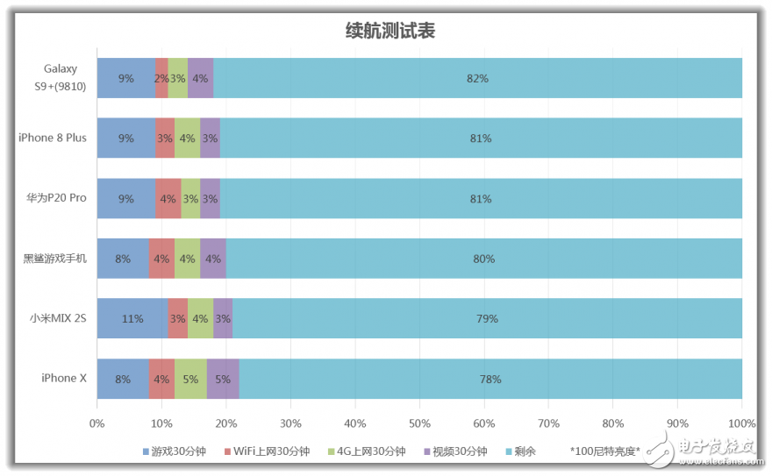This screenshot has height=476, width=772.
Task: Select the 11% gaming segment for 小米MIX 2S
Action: (132, 318)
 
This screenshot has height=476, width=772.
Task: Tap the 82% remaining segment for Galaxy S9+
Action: (477, 78)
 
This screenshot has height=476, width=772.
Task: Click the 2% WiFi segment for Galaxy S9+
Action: (161, 78)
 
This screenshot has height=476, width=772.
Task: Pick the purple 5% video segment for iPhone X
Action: (223, 379)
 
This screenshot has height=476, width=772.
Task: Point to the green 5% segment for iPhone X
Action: (191, 379)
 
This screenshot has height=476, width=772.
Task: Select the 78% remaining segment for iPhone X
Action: (490, 379)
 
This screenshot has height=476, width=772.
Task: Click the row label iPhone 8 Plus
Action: (53, 138)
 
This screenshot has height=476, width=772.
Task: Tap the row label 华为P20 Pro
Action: (56, 198)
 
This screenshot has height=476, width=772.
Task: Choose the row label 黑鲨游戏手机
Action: (55, 259)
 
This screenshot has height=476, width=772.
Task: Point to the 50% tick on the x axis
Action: (419, 423)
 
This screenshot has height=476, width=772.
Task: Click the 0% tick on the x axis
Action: (97, 423)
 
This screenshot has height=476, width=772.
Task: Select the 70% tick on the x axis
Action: (548, 423)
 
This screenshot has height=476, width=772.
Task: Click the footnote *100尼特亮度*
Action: (605, 451)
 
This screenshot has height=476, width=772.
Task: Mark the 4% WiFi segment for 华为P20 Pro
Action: (168, 198)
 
